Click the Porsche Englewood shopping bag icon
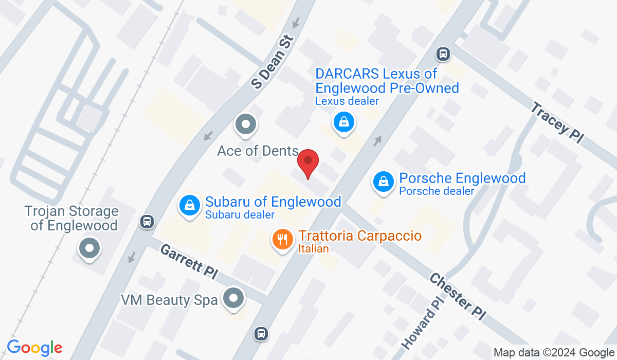point(383,182)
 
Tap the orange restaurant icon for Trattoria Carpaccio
point(282,239)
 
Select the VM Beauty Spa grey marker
point(234,298)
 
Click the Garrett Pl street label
point(187,262)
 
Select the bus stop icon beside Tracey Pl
point(443,53)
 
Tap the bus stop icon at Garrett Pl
point(147,222)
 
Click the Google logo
point(34,348)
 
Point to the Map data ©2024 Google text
point(553,352)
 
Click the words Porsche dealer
point(437,191)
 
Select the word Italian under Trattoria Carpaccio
point(313,249)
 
